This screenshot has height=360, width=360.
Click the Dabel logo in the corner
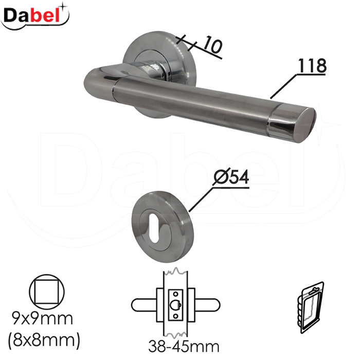coord(35,17)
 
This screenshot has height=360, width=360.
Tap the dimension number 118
coord(312,65)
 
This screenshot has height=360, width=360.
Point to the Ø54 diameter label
coord(231,177)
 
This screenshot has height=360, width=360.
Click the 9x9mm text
coord(43,318)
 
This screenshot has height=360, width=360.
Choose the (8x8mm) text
coord(44,340)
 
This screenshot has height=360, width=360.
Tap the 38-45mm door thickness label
coord(184,346)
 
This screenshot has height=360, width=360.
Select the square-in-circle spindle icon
coord(47,292)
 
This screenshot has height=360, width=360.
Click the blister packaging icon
coord(311,308)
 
